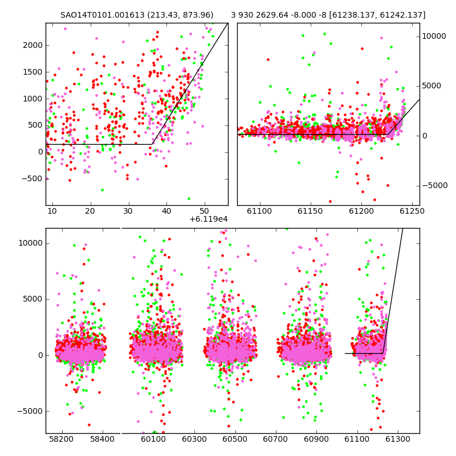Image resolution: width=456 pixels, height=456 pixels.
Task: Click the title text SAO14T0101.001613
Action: pyautogui.click(x=103, y=15)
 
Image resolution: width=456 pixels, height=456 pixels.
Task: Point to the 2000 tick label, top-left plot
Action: pyautogui.click(x=33, y=46)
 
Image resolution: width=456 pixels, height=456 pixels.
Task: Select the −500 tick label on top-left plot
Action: pyautogui.click(x=32, y=178)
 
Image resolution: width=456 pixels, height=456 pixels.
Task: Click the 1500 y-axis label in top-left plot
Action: pyautogui.click(x=33, y=72)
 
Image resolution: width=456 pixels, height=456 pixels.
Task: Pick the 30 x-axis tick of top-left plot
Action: pyautogui.click(x=128, y=211)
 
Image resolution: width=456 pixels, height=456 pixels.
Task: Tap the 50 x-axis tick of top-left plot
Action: pyautogui.click(x=205, y=211)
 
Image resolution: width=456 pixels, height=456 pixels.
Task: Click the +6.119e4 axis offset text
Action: pyautogui.click(x=209, y=219)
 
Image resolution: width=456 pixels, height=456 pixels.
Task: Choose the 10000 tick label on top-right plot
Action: pyautogui.click(x=434, y=36)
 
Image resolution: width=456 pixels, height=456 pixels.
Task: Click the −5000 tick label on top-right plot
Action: pyautogui.click(x=435, y=186)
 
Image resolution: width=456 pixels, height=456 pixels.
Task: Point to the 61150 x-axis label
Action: pyautogui.click(x=310, y=211)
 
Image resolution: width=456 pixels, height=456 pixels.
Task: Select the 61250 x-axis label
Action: pyautogui.click(x=412, y=211)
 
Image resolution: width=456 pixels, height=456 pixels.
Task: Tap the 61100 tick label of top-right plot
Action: pyautogui.click(x=259, y=211)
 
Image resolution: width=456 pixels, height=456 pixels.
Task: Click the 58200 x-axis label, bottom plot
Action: pyautogui.click(x=62, y=439)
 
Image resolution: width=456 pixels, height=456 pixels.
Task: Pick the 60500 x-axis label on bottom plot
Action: pyautogui.click(x=235, y=439)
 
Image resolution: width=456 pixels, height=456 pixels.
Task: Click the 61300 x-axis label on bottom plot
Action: pyautogui.click(x=397, y=439)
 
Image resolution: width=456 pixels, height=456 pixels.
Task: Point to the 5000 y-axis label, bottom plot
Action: pyautogui.click(x=33, y=299)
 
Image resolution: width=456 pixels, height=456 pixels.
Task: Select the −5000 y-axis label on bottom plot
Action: pyautogui.click(x=30, y=411)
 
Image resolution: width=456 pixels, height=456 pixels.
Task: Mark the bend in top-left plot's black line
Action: pyautogui.click(x=152, y=144)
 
